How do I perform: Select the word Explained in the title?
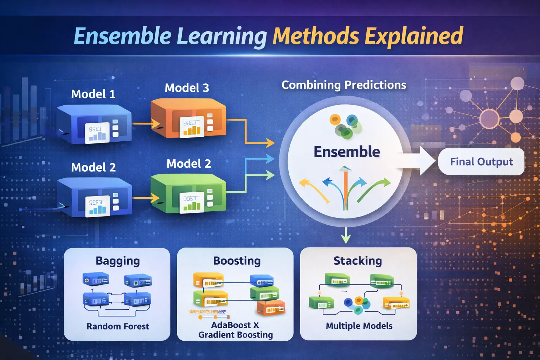click(x=414, y=36)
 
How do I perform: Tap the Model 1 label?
click(x=93, y=94)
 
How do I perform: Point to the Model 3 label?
click(x=187, y=88)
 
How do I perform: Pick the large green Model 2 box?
click(x=188, y=193)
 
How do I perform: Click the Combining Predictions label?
click(x=343, y=85)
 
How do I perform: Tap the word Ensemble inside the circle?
click(x=347, y=152)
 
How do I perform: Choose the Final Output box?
click(x=481, y=162)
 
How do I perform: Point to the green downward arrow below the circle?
click(x=346, y=235)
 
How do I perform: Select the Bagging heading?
click(x=118, y=261)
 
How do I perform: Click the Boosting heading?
click(x=237, y=261)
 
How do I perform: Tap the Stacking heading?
click(x=358, y=261)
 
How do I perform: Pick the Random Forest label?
click(x=118, y=326)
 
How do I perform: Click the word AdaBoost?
click(x=231, y=325)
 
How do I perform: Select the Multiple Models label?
click(x=359, y=326)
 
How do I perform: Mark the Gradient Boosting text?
click(x=236, y=335)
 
